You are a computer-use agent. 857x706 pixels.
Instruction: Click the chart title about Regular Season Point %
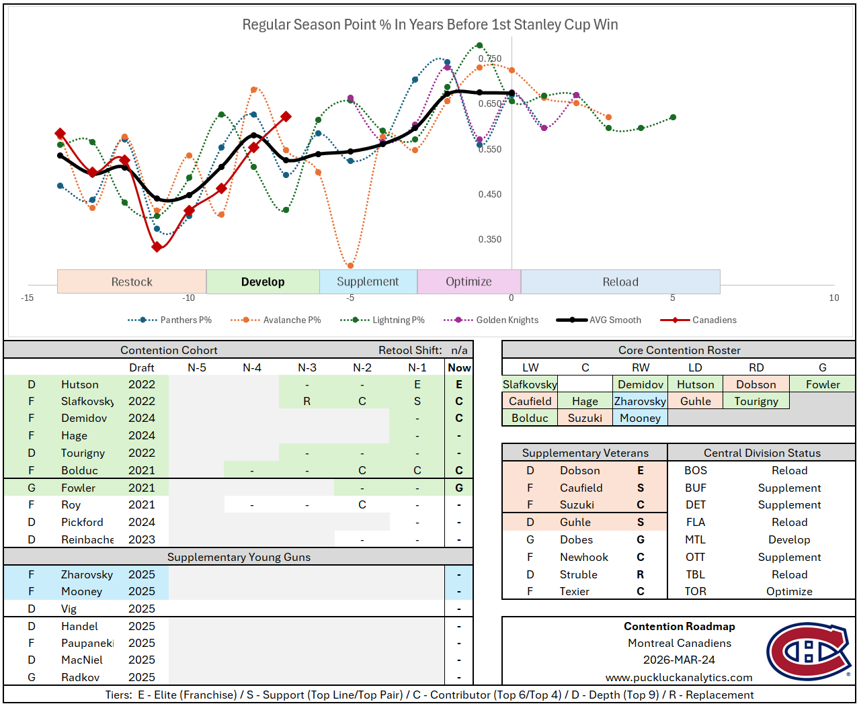click(430, 25)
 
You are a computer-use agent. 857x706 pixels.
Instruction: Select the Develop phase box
click(263, 282)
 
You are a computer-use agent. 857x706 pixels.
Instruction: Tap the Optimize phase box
click(468, 282)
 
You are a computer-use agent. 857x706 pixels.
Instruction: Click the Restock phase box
click(132, 282)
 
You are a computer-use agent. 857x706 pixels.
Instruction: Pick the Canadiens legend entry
click(714, 320)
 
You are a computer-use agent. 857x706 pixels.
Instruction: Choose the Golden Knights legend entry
click(507, 320)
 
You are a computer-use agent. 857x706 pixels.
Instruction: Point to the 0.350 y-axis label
click(489, 239)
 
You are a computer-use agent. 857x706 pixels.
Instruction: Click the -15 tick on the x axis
click(27, 298)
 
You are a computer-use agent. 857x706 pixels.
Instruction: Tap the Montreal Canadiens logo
click(809, 652)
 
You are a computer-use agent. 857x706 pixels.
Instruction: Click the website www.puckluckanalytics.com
click(679, 677)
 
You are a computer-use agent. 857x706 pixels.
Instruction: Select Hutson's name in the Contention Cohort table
click(79, 385)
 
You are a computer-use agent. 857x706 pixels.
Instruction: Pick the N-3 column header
click(307, 368)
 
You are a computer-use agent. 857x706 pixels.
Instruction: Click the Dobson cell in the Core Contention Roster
click(756, 385)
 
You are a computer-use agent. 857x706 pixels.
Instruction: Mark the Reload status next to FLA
click(789, 522)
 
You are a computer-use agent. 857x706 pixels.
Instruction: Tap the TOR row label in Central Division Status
click(695, 592)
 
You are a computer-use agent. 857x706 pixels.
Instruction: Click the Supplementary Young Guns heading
click(239, 557)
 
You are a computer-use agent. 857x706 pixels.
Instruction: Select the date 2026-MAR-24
click(679, 660)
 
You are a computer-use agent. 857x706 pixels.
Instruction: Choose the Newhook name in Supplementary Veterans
click(583, 557)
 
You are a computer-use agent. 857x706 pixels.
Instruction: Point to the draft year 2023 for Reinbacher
click(142, 539)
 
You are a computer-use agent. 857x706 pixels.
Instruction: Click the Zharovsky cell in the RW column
click(640, 402)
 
